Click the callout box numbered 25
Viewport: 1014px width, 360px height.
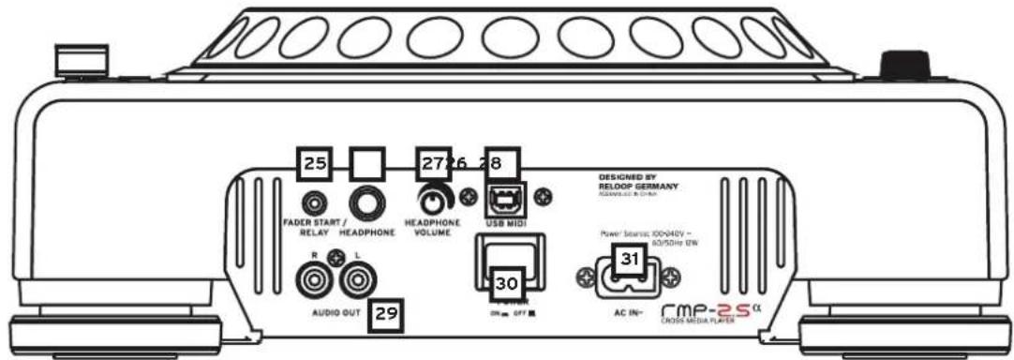tap(315, 165)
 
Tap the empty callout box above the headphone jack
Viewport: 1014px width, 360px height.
tap(366, 165)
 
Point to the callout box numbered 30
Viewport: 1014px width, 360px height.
tap(506, 280)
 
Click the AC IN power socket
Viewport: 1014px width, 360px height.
tap(626, 277)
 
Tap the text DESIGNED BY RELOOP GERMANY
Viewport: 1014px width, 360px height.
tap(636, 182)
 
